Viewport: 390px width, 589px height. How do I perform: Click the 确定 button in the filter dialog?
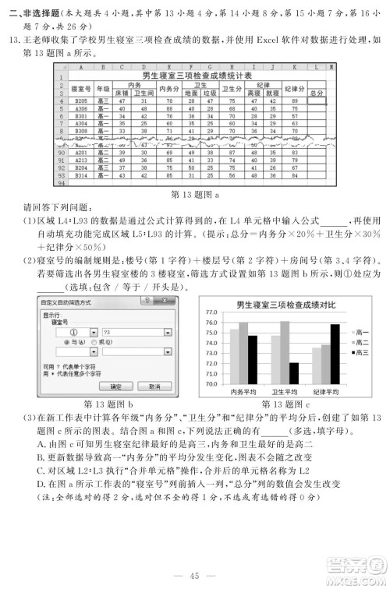click(116, 386)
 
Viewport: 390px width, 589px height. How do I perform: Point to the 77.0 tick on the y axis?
click(211, 312)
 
